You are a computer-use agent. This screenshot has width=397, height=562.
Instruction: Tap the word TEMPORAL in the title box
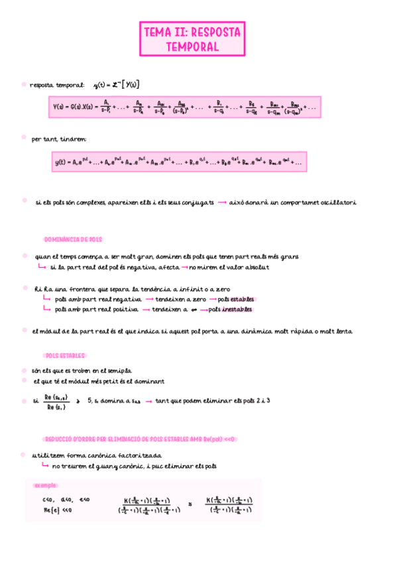192,46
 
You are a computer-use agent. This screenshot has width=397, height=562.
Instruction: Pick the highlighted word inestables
237,309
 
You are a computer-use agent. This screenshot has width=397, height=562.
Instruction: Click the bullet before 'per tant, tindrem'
25,139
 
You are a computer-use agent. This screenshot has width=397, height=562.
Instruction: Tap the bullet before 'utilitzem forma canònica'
25,455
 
